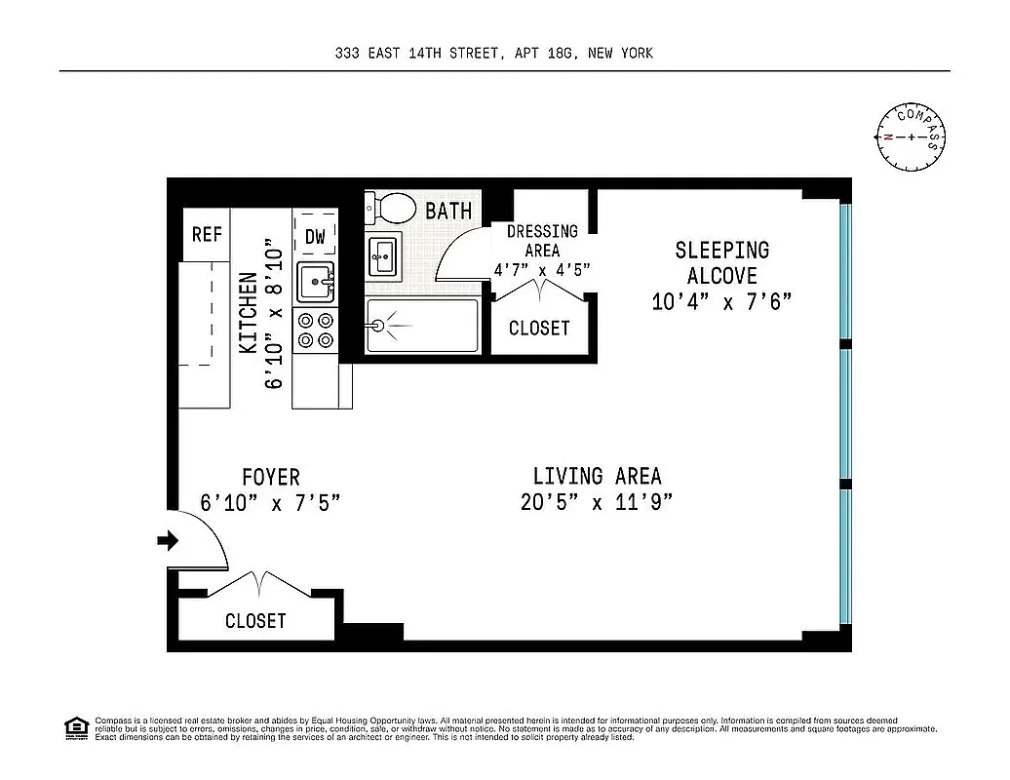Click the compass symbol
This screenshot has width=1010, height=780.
point(912,136)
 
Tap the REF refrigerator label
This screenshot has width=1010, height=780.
point(207,235)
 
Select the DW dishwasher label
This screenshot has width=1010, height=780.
point(315,236)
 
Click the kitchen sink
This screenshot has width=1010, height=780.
point(315,283)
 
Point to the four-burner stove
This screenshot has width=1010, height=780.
point(315,330)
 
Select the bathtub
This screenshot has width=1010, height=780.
point(422,327)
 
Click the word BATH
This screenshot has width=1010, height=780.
point(448,211)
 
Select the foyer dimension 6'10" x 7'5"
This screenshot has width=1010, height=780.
point(271,503)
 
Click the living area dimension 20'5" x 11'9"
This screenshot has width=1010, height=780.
point(597,503)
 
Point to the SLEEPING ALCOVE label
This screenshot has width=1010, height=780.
point(721,263)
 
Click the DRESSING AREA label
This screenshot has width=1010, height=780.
point(542,241)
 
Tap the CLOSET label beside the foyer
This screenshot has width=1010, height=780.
point(255,621)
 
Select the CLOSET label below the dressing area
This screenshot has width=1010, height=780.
point(539,329)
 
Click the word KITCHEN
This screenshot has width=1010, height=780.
point(250,313)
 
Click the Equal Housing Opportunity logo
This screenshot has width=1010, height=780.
point(75,727)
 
